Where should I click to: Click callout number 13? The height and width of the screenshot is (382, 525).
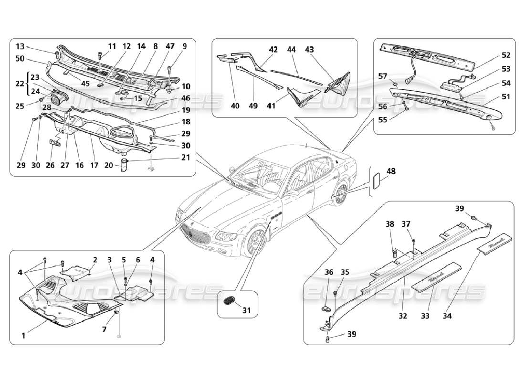20,46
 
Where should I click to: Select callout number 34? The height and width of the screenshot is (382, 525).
448,316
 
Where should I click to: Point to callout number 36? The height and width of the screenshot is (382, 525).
329,272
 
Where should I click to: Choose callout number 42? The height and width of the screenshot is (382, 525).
273,49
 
